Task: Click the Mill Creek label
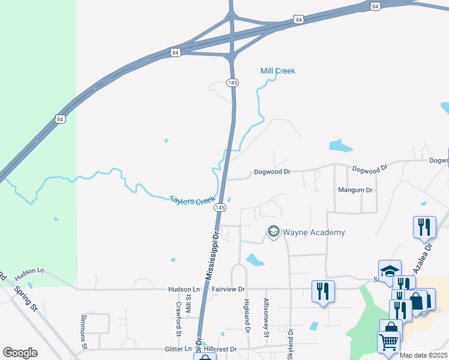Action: coord(277,71)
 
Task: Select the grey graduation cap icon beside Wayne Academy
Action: coord(274,232)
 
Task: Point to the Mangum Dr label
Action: coord(356,190)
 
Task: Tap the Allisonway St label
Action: coord(266,317)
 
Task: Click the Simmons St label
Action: coord(83,331)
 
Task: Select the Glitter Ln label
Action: coord(178,349)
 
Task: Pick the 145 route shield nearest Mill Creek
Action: coord(233,83)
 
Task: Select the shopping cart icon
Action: coord(388,343)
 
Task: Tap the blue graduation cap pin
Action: coord(390,271)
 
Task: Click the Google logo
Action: coord(20,353)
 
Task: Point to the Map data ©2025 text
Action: coord(423,355)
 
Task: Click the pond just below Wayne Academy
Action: coord(255,260)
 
